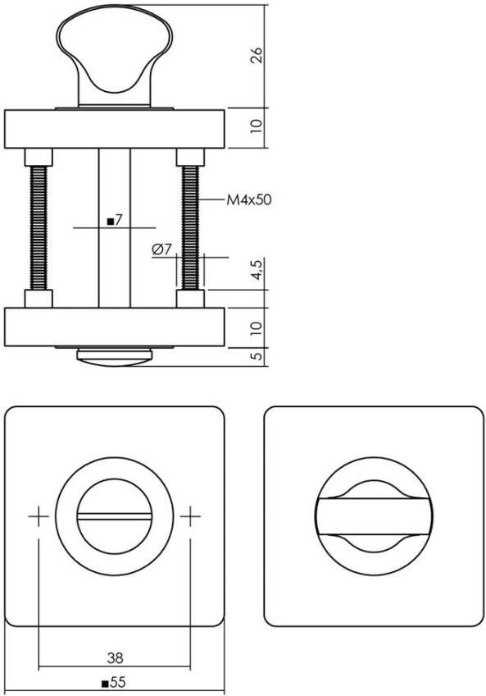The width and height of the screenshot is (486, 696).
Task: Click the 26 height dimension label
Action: coord(257,56)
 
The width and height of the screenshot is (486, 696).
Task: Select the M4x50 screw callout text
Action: coord(248,199)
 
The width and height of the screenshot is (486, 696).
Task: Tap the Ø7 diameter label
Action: coord(161,250)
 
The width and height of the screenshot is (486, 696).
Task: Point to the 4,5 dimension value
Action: coord(257,270)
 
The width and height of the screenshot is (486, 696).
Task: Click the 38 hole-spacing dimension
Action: coord(115,657)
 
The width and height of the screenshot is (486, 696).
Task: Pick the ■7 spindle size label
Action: coord(115,220)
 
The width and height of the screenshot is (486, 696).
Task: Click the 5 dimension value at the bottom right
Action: coord(257,356)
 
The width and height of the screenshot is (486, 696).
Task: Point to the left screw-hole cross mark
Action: coord(39,516)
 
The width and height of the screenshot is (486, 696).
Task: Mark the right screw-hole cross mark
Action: coord(190,516)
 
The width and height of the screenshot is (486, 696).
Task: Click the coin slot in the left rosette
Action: coord(115,516)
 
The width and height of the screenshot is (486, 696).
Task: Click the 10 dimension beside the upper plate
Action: coord(257,126)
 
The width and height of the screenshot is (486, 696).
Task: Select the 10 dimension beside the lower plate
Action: coord(257,326)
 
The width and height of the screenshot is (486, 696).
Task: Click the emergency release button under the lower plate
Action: coord(115,355)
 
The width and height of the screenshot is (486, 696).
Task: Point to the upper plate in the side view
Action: coord(115,127)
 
